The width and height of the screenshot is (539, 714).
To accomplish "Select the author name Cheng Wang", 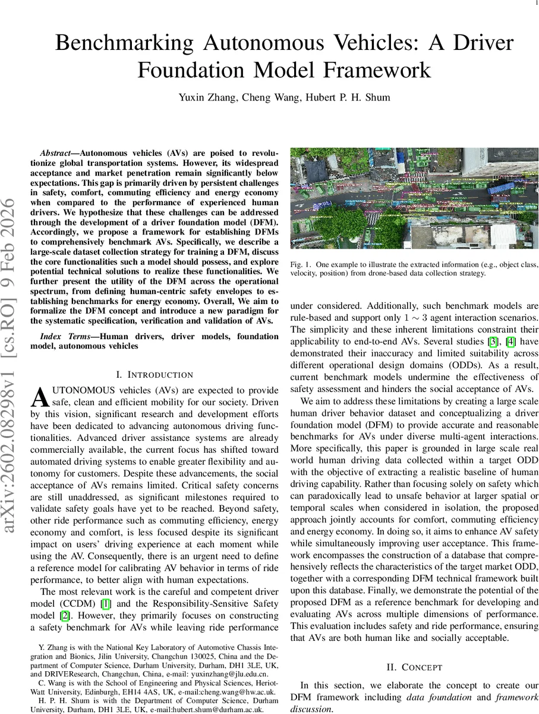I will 264,97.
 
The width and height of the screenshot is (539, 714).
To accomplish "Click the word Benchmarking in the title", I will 137,45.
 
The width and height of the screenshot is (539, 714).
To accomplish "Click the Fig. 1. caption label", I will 301,264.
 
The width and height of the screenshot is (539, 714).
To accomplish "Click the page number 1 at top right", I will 528,4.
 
